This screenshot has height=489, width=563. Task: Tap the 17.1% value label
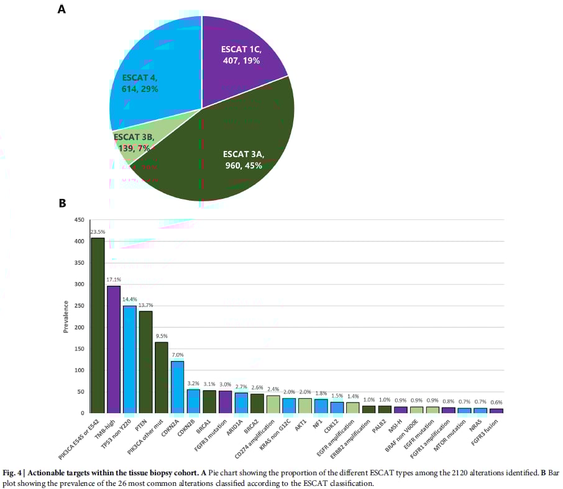[113, 280]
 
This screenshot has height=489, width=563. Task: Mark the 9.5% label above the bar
[161, 336]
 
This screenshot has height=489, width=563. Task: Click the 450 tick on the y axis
[80, 221]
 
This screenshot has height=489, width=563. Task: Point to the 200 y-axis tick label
[80, 327]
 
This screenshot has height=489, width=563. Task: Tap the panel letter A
[62, 9]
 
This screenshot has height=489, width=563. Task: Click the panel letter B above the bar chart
[62, 203]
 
